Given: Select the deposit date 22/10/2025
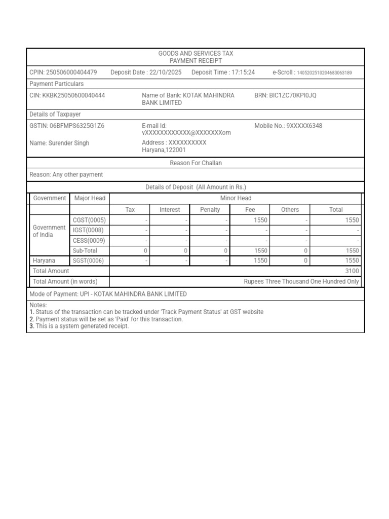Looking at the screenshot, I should pos(165,72).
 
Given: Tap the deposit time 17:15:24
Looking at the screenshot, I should pos(243,72).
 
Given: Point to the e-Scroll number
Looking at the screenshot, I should pos(324,73).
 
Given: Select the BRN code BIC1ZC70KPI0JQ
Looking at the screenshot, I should pos(293,95).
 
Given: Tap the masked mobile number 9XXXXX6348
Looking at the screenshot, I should pos(304,126).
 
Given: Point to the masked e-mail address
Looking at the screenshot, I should pos(186,132).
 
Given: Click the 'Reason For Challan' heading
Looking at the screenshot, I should pos(196,163).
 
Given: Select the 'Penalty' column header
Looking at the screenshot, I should pos(210,209).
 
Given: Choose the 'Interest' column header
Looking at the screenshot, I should pos(170,209).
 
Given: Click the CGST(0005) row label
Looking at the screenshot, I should pos(89,220).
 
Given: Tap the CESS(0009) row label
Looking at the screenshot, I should pos(89,240).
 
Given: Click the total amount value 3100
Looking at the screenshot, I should pos(352,271).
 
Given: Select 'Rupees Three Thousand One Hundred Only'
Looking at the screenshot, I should pos(301,281).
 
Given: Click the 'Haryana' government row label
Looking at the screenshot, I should pos(44,261).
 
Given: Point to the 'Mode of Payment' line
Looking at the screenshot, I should pos(108,294).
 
